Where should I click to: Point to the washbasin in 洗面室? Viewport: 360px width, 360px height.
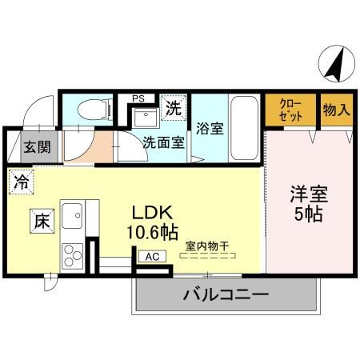145,120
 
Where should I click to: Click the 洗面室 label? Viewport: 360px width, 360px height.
163,144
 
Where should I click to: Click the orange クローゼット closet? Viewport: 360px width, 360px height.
290,110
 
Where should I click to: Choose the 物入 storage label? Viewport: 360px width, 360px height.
337,110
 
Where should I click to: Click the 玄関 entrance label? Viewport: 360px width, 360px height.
35,147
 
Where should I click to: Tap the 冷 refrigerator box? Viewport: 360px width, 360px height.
21,182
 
